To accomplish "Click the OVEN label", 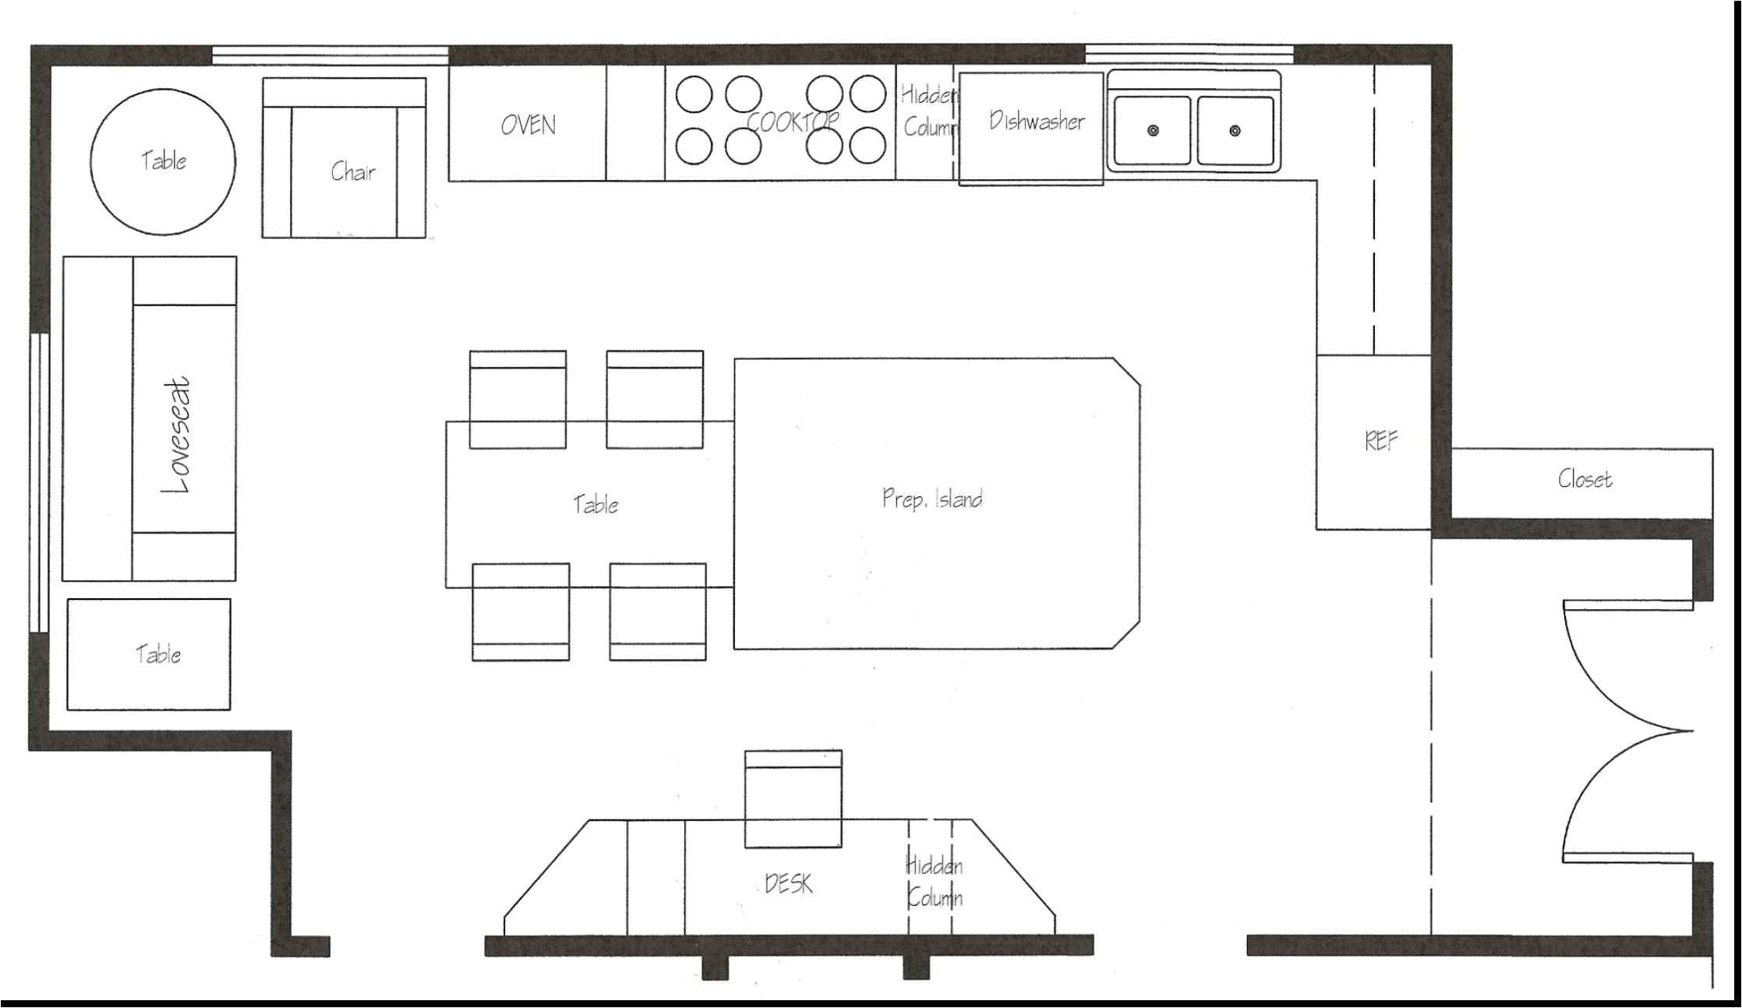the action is pyautogui.click(x=528, y=125).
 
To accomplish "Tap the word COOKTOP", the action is pyautogui.click(x=793, y=122).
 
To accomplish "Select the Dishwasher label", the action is pyautogui.click(x=1037, y=121).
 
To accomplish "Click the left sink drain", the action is pyautogui.click(x=1153, y=130).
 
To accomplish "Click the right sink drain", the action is pyautogui.click(x=1235, y=130).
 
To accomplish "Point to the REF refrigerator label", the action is pyautogui.click(x=1381, y=442).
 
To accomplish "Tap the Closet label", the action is pyautogui.click(x=1585, y=478).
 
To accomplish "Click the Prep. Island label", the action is pyautogui.click(x=932, y=498).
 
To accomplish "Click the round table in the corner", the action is pyautogui.click(x=163, y=162).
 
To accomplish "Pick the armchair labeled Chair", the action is pyautogui.click(x=344, y=157).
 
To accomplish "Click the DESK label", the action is pyautogui.click(x=789, y=883).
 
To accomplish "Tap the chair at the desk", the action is pyautogui.click(x=793, y=798).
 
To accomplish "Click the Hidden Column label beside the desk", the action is pyautogui.click(x=934, y=882).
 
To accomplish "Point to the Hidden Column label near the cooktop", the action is pyautogui.click(x=929, y=111).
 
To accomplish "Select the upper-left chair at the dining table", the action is pyautogui.click(x=518, y=399).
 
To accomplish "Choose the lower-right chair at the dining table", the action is pyautogui.click(x=658, y=612).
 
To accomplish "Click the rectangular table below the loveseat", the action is pyautogui.click(x=149, y=654).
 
